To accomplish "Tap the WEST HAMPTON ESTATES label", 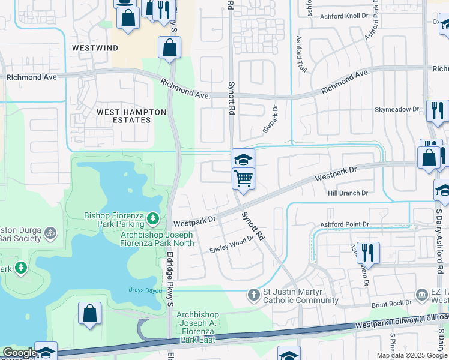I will (x=124, y=116).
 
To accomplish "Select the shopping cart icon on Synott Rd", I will (x=243, y=178).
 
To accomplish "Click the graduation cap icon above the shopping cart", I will (x=243, y=160).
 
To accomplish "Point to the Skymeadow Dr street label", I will (x=397, y=109).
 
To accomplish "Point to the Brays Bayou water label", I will (x=142, y=290).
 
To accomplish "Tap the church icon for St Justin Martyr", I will (x=255, y=293).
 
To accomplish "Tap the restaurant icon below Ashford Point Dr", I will (x=368, y=252).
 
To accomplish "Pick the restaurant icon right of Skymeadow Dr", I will (x=436, y=110).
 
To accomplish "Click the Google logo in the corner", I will (x=19, y=353).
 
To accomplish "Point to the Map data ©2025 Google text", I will (x=411, y=355).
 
